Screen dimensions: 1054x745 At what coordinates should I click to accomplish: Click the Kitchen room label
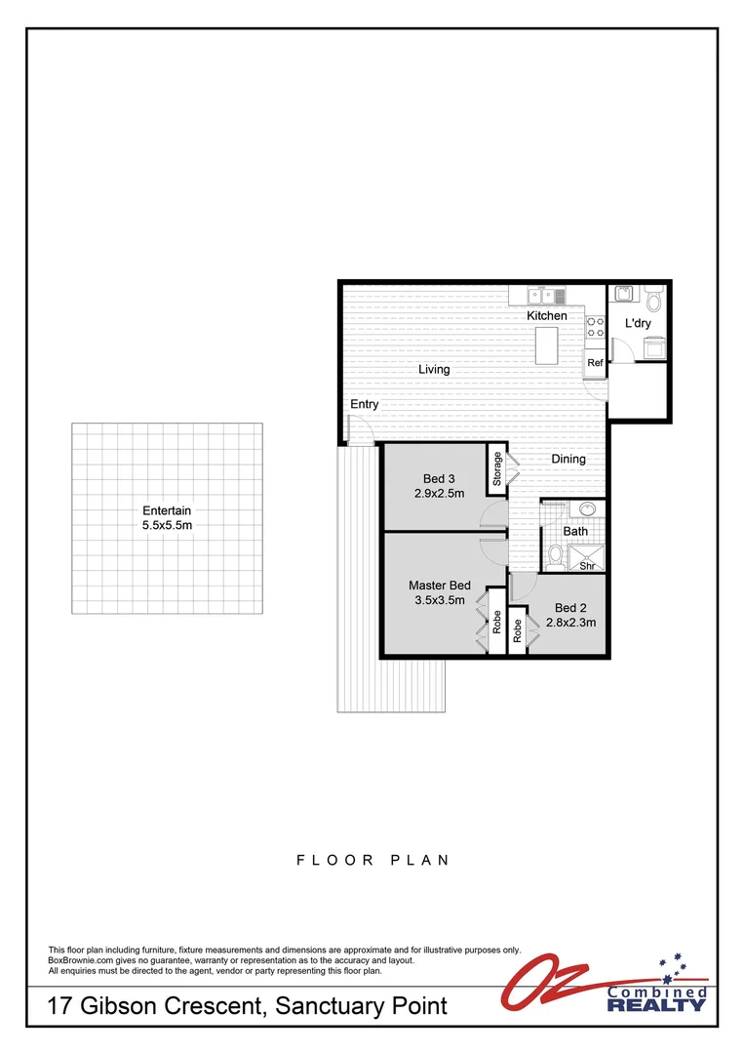point(547,316)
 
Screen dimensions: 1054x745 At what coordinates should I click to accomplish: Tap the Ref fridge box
point(594,363)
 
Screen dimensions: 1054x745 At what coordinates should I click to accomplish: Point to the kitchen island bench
point(547,346)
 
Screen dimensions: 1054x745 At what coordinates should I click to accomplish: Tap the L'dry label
point(638,323)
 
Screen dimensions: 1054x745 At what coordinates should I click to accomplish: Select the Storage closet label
point(497,468)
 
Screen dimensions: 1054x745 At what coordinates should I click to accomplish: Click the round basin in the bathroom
point(586,509)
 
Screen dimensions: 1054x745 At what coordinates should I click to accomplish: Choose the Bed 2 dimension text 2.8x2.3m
point(569,623)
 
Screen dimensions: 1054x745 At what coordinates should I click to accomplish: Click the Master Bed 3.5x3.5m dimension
point(440,600)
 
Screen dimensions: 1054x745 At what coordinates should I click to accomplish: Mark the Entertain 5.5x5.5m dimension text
point(167,525)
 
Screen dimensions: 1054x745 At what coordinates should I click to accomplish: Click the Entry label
point(365,404)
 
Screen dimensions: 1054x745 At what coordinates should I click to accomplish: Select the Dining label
point(569,459)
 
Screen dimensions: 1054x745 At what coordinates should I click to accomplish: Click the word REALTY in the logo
point(656,1004)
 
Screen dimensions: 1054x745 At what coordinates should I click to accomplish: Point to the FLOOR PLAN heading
point(372,860)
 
